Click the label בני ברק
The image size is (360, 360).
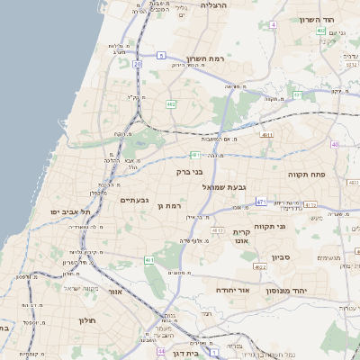[x=186, y=169]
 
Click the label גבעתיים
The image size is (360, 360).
[x=134, y=199]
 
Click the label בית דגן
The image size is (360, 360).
[x=184, y=343]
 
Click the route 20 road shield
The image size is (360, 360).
[x=137, y=65]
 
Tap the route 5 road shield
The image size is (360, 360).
[x=160, y=55]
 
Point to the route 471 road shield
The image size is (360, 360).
[x=260, y=202]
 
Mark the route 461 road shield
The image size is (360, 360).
[x=149, y=260]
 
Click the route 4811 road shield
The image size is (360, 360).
[x=266, y=134]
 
